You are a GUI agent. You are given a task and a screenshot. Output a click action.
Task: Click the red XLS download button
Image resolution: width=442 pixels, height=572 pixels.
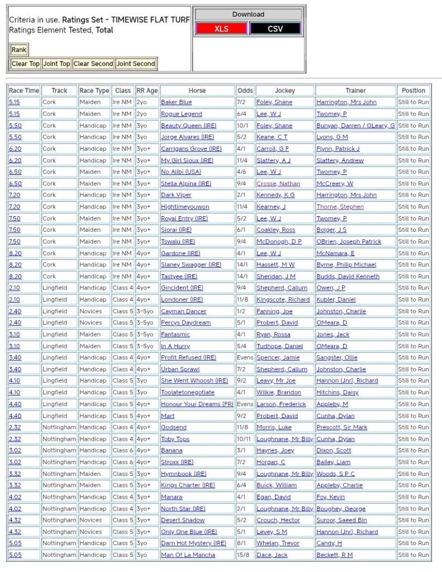[x=221, y=28]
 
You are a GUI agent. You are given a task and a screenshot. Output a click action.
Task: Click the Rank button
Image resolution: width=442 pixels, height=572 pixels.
[x=19, y=50]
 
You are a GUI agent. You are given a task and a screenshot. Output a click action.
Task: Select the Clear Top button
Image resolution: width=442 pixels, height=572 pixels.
[x=26, y=64]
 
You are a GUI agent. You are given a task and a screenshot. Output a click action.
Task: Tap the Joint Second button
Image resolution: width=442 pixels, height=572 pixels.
[x=136, y=64]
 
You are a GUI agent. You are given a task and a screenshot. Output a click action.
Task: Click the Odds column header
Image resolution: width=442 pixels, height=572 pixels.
[x=245, y=90]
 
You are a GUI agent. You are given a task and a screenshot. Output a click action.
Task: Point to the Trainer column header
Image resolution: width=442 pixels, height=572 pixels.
[x=355, y=90]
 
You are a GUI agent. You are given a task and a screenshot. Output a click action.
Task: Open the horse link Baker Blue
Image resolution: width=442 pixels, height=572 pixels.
[x=176, y=102]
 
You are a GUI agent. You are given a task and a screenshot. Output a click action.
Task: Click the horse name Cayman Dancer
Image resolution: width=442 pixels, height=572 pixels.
[x=183, y=311]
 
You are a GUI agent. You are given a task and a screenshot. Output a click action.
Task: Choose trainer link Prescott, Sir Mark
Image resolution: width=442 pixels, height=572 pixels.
[x=341, y=427]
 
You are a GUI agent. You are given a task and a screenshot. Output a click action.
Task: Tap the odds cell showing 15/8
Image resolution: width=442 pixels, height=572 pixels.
[x=245, y=555]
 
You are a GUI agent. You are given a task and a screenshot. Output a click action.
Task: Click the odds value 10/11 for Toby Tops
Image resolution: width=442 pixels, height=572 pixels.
[x=245, y=439]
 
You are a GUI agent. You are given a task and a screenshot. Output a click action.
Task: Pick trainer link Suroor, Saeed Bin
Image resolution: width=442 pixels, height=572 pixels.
[x=341, y=521]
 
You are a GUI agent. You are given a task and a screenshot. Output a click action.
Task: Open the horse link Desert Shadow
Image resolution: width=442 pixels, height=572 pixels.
[x=183, y=521]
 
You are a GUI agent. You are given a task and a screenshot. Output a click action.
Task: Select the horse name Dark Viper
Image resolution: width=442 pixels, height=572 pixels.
[x=176, y=195]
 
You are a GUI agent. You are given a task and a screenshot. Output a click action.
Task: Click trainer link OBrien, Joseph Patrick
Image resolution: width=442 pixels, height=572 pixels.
[x=349, y=242]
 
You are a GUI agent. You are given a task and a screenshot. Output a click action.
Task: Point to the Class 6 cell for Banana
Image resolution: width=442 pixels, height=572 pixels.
[x=122, y=451]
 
